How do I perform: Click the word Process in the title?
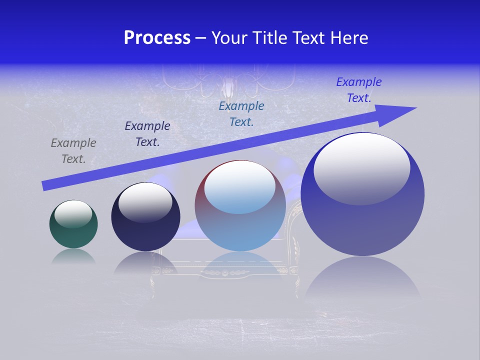(x=157, y=38)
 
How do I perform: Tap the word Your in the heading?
(x=229, y=38)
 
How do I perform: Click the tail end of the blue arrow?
(x=45, y=185)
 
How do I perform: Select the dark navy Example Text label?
(x=147, y=134)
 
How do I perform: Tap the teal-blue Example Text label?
(x=241, y=114)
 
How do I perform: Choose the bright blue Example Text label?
(x=358, y=90)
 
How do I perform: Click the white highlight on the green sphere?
(x=73, y=213)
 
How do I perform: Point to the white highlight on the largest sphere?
(x=361, y=168)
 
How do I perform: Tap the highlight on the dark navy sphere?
(x=145, y=201)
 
